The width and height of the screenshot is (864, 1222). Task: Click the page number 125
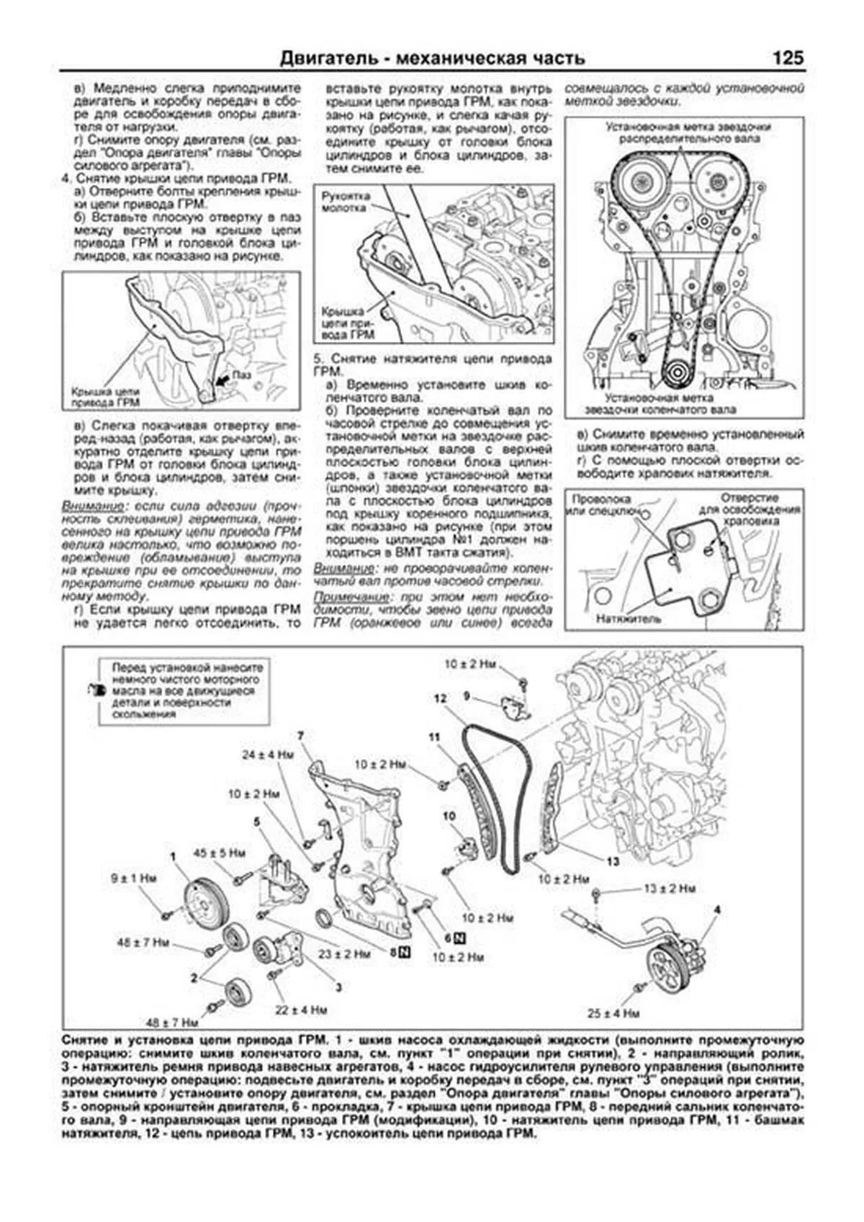788,58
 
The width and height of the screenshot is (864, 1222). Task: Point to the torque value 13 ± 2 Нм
669,889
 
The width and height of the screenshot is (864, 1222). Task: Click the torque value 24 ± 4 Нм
268,755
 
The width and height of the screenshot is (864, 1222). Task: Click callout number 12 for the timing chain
441,698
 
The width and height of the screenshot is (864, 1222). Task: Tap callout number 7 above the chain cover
300,735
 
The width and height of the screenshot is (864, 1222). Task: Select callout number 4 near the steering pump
717,910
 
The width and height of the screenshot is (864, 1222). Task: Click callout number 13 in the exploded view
613,861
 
